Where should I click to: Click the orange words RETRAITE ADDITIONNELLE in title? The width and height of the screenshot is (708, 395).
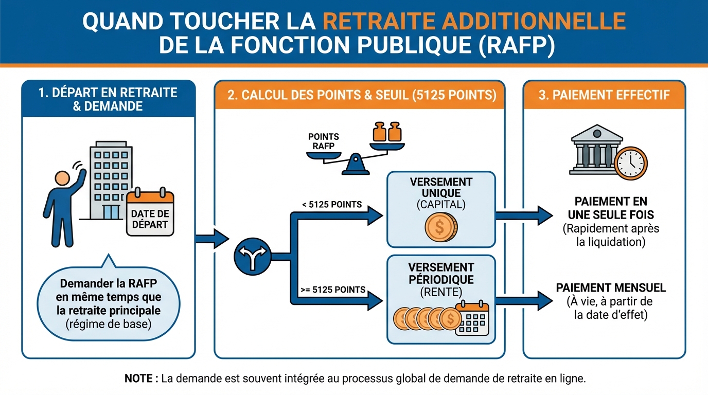pyautogui.click(x=474, y=21)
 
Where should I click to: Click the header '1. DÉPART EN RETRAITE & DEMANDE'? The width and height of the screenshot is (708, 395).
pyautogui.click(x=108, y=99)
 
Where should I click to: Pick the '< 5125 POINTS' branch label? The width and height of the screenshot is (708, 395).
pyautogui.click(x=332, y=205)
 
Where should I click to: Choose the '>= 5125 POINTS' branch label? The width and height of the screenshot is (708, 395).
pyautogui.click(x=332, y=290)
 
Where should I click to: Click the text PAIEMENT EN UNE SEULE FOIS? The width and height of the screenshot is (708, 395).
pyautogui.click(x=611, y=207)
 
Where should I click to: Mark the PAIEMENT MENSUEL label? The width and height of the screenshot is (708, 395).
pyautogui.click(x=611, y=288)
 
